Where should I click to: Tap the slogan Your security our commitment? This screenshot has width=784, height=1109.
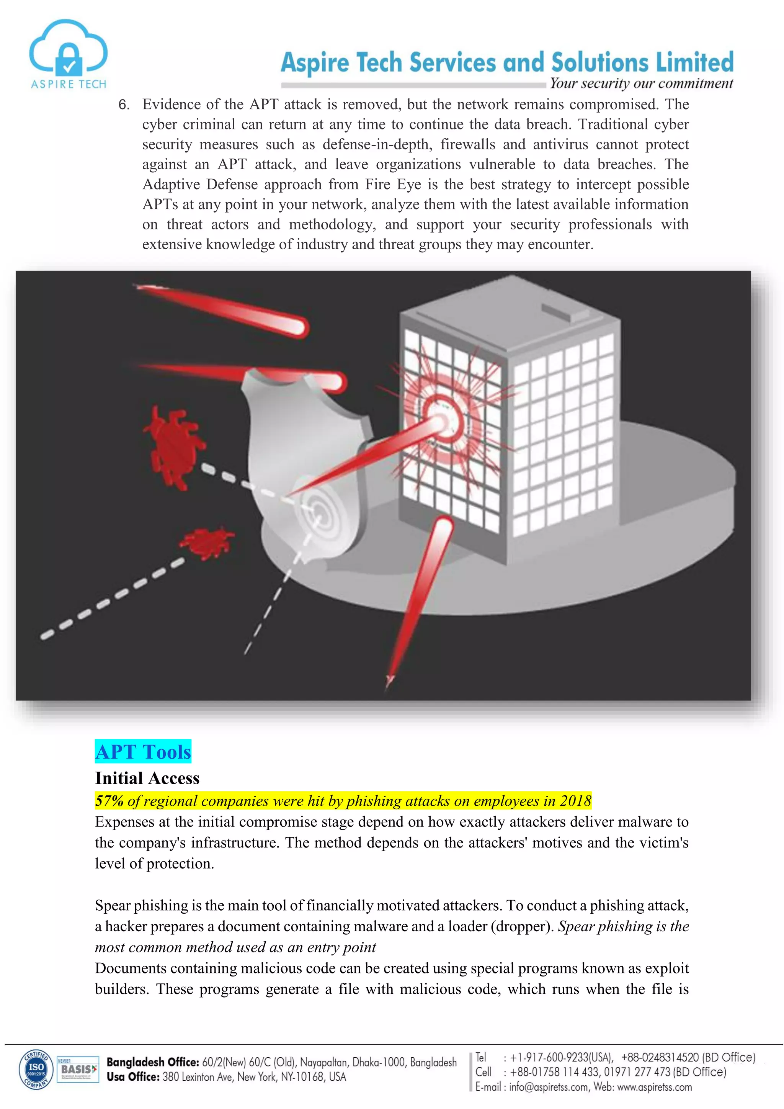click(x=641, y=83)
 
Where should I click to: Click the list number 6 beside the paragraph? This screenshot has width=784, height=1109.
click(x=124, y=105)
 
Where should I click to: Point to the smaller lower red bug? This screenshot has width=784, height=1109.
click(x=207, y=541)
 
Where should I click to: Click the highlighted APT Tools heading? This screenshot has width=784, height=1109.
click(x=143, y=752)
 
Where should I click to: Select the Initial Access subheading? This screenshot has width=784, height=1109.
click(x=147, y=779)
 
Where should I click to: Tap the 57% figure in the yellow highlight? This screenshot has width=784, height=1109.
click(x=109, y=801)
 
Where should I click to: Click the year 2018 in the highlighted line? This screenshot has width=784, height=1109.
click(x=575, y=801)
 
